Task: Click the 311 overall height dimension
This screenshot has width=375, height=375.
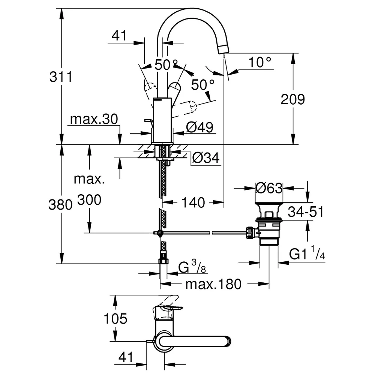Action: [61, 77]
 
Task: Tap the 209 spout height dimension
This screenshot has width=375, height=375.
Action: [293, 99]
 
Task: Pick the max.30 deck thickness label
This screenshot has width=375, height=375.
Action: [94, 119]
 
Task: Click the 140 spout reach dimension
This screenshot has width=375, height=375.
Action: [193, 202]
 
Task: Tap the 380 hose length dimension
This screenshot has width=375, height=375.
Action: [60, 205]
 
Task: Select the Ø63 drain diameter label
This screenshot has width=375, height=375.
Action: [269, 188]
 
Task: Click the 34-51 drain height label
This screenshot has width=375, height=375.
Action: [306, 212]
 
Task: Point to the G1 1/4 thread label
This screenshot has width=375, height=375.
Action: [307, 253]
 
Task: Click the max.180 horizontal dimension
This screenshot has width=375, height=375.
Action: [214, 284]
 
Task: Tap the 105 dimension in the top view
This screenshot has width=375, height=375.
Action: [115, 318]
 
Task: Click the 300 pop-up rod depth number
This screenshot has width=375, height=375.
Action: [89, 200]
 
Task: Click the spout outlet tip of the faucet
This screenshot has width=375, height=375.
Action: [224, 49]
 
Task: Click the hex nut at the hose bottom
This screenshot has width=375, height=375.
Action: [163, 261]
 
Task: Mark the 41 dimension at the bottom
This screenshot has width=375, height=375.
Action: [126, 357]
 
